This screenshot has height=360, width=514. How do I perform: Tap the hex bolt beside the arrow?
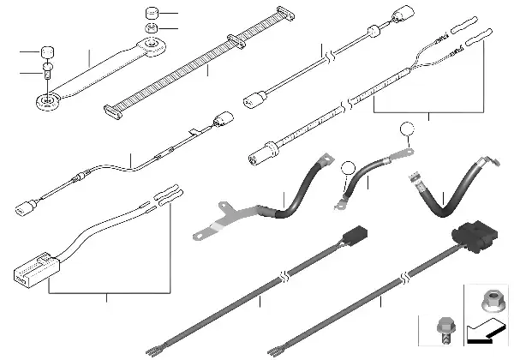444,328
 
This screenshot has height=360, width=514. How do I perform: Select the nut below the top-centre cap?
150,31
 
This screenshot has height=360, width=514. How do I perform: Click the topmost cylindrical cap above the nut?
152,13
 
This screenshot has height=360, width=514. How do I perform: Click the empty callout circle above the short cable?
407,131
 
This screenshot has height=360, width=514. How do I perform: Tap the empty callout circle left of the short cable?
348,169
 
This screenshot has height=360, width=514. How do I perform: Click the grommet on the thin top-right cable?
374,34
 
